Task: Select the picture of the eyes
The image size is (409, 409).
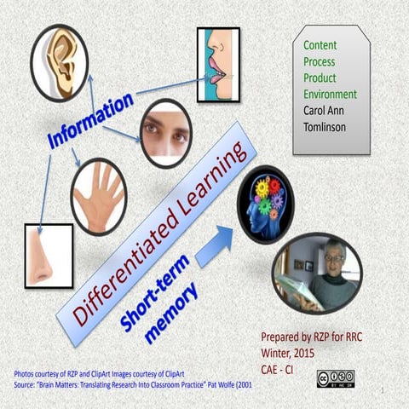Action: [165, 132]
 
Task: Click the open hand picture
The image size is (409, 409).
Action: [98, 197]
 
